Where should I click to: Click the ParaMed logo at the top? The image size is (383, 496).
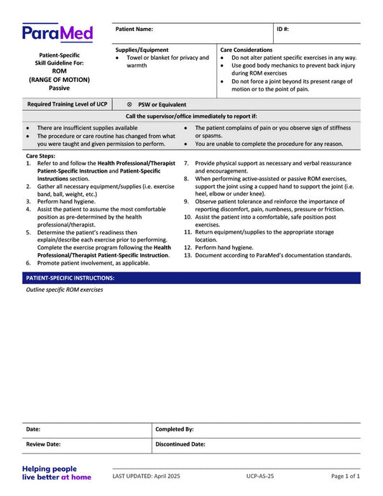point(57,32)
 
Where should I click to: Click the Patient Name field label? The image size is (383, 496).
point(134,29)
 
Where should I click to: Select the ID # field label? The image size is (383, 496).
point(283,29)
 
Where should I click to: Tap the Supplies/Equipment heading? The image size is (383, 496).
point(142,50)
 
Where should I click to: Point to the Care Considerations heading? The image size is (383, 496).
point(246,50)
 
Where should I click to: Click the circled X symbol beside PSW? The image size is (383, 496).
point(129,104)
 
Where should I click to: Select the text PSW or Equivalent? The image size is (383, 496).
point(162,104)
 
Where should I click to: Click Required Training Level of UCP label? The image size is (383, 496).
point(67,104)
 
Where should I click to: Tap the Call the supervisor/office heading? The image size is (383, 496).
point(191,116)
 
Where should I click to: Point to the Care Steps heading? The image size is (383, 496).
point(40,155)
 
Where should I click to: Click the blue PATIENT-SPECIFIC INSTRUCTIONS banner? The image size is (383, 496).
point(191,277)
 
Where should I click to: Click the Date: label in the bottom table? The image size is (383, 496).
point(33,429)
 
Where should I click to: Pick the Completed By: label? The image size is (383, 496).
point(175,429)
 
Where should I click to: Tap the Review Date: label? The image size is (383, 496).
point(43,444)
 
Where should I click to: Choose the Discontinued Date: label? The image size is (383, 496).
point(180,444)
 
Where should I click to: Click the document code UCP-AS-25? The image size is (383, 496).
point(259,476)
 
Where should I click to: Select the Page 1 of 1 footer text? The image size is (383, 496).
point(346,476)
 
